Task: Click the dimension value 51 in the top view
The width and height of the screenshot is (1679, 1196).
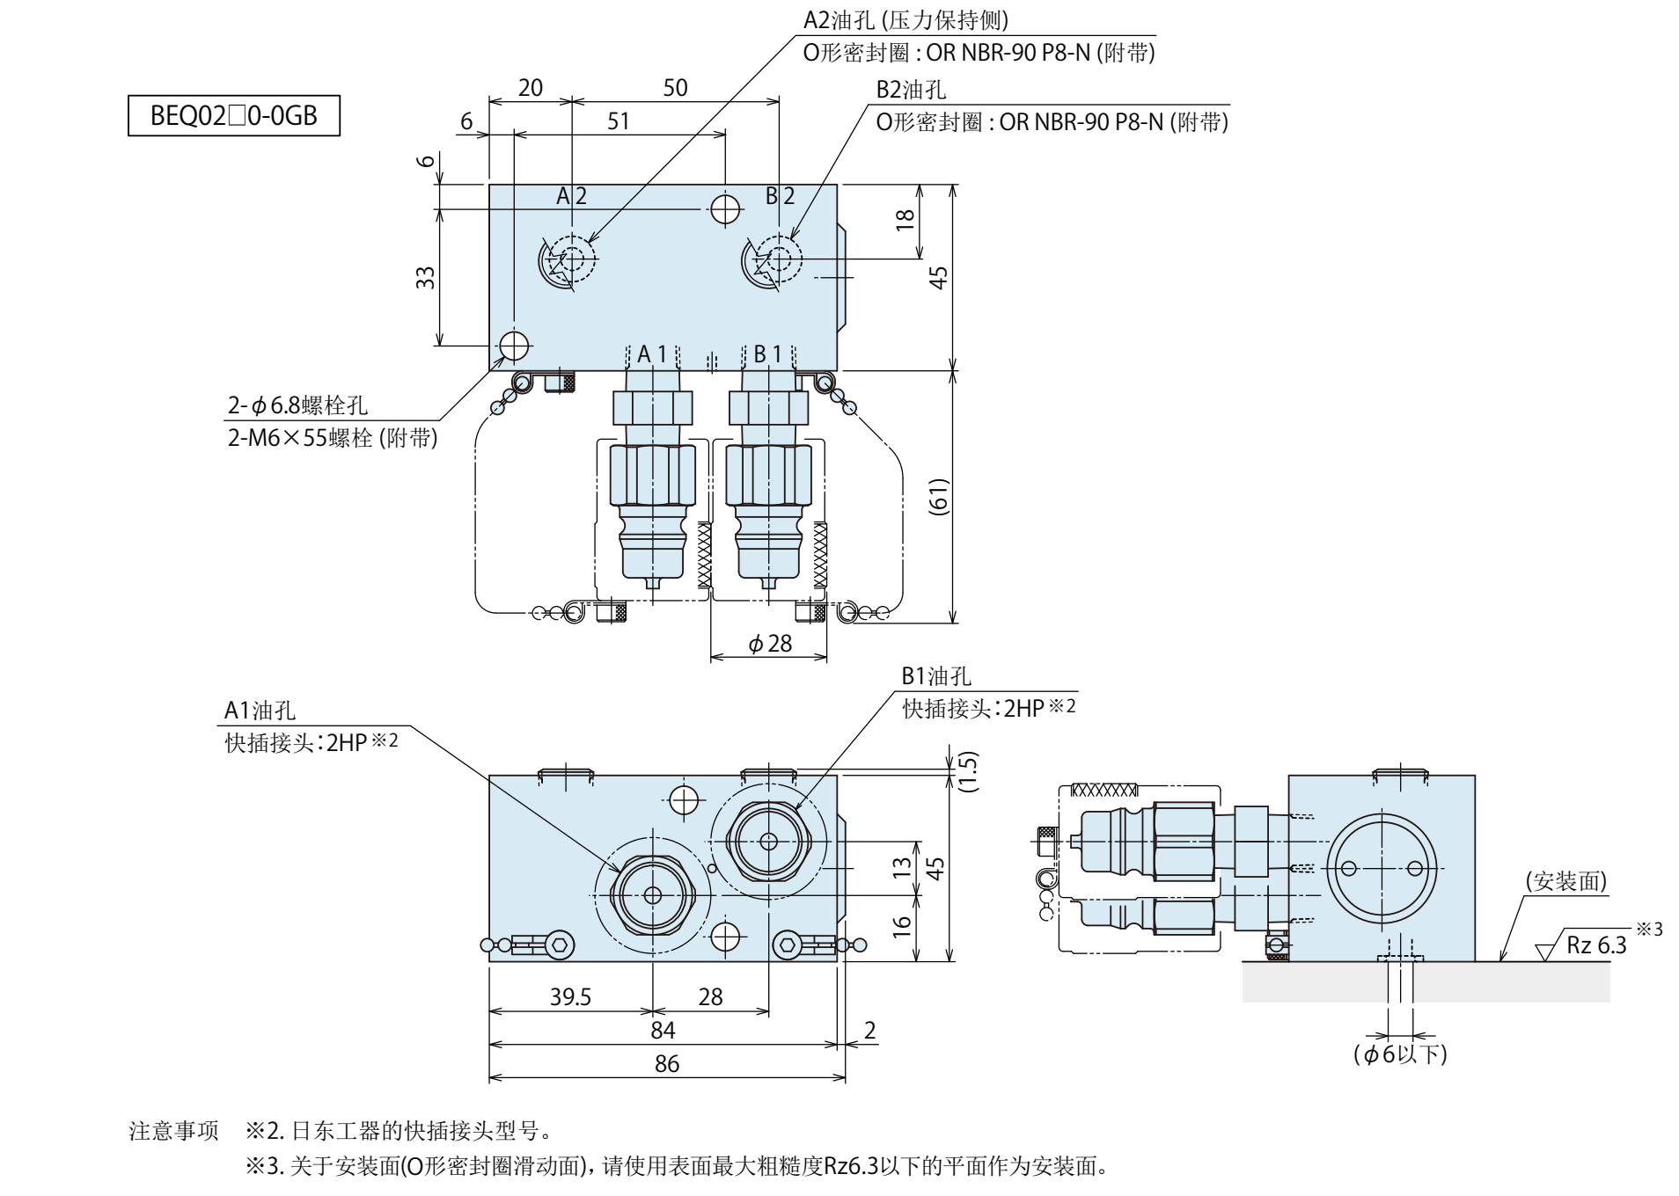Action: coord(619,120)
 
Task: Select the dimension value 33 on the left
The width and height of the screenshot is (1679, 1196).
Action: coord(426,278)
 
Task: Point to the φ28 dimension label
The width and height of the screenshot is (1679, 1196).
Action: coord(770,644)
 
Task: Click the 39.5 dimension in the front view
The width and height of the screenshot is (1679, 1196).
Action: coord(571,996)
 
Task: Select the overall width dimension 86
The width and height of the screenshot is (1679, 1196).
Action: coord(667,1064)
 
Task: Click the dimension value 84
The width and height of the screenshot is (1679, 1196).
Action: coord(663,1030)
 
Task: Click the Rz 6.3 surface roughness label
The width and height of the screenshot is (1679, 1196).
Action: coord(1596,945)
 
